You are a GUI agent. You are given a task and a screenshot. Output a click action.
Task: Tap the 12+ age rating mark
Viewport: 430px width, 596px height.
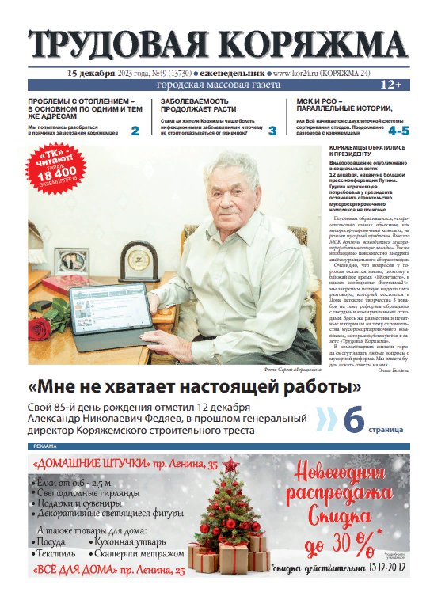[x=391, y=84]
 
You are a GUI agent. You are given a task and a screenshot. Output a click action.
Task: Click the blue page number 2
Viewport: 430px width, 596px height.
[x=135, y=131]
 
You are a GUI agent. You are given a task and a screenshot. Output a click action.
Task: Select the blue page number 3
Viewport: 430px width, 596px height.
[x=272, y=131]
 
